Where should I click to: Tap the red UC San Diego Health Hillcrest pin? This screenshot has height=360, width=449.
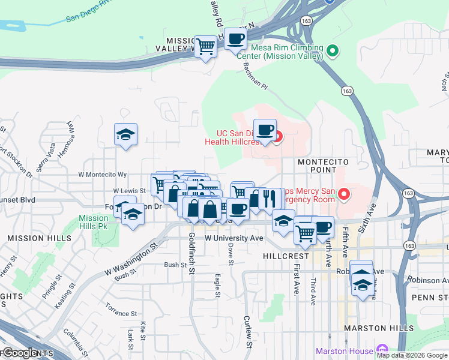point(277,136)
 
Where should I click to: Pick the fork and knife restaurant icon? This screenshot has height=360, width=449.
point(269,197)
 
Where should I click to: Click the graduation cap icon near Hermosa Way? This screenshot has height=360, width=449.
point(126,134)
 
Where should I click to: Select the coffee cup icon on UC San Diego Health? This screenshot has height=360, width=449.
point(265,128)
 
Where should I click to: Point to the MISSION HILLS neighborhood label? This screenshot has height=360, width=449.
point(34,238)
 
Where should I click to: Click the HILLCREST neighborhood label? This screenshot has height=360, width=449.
point(286,256)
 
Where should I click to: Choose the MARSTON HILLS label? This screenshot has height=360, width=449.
point(378,328)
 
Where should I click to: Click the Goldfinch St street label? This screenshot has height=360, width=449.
point(191,254)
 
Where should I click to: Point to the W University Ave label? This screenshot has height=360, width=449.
point(234,238)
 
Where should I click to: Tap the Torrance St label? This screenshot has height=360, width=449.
point(121,313)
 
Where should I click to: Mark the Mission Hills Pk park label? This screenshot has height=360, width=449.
point(93,222)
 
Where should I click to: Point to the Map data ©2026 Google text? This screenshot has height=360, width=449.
point(412,355)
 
